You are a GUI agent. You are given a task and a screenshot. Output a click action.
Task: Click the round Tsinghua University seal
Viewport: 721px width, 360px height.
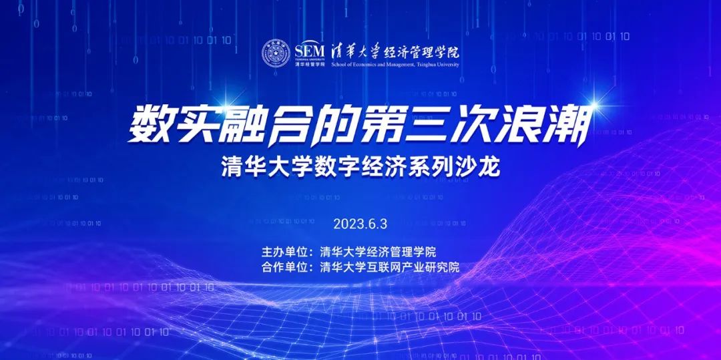276,53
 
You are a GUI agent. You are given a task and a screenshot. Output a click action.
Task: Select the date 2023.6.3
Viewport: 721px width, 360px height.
360,224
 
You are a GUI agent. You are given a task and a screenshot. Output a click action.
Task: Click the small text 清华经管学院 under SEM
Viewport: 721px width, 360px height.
310,64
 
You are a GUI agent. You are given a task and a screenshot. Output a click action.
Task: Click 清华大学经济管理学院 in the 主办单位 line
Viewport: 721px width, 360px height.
378,252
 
